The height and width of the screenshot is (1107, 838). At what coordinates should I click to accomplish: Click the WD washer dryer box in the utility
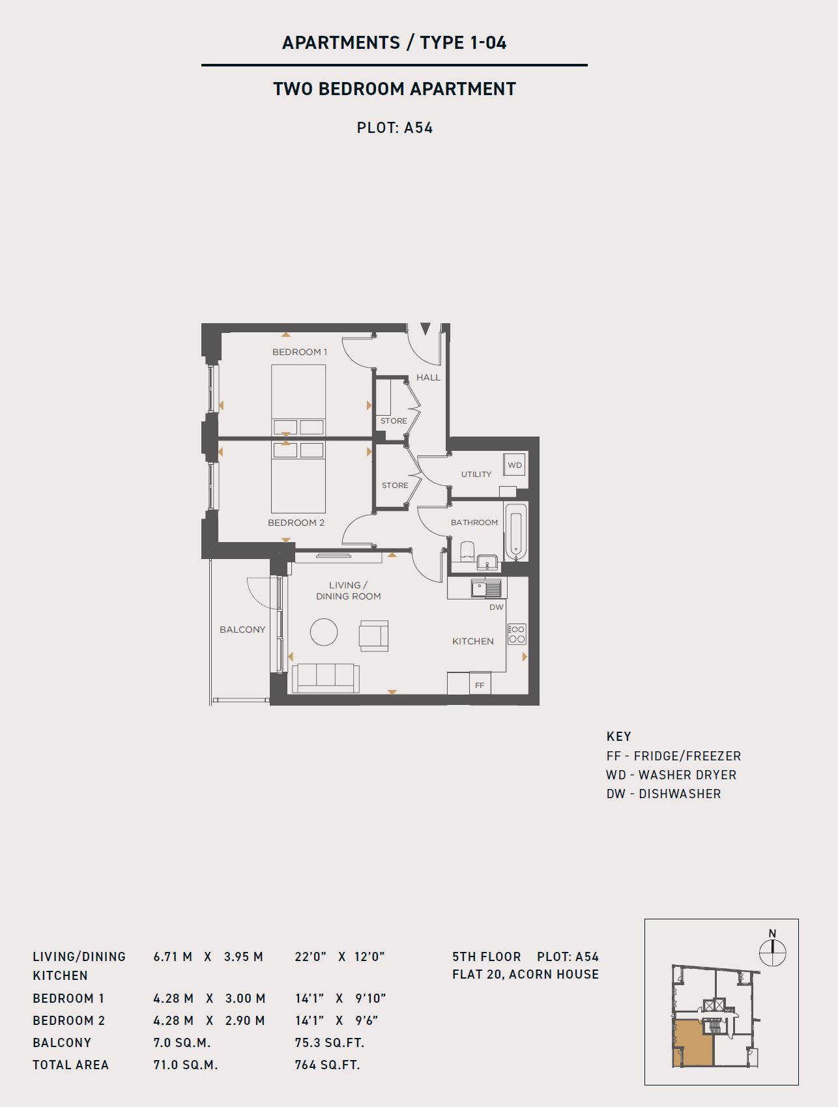[x=515, y=465]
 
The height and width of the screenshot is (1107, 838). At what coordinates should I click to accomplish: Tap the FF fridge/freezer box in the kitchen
[x=480, y=684]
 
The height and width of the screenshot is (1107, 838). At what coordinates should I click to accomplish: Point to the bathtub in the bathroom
[x=515, y=531]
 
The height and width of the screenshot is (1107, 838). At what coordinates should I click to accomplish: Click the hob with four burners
[x=517, y=634]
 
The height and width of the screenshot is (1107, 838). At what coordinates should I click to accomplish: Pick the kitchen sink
[x=487, y=588]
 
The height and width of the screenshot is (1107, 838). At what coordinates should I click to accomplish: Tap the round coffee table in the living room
[x=324, y=632]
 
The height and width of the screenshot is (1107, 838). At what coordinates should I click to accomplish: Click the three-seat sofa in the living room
[x=326, y=678]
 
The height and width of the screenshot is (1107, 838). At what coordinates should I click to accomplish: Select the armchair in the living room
[x=373, y=636]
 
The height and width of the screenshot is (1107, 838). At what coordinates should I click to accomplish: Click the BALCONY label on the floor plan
[x=242, y=629]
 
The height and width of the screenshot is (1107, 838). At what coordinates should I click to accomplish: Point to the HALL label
[x=428, y=377]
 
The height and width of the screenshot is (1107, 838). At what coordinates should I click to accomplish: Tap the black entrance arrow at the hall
[x=426, y=329]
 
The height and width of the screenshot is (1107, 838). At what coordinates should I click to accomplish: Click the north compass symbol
[x=773, y=951]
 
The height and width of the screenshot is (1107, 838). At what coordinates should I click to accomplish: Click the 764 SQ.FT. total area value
[x=327, y=1065]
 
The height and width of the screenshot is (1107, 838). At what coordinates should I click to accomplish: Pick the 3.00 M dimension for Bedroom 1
[x=245, y=998]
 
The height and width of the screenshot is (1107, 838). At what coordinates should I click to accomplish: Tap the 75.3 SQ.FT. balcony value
[x=329, y=1042]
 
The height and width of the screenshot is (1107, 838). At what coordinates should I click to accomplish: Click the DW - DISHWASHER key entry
[x=663, y=794]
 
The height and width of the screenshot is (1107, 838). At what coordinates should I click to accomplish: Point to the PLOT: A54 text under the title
[x=395, y=128]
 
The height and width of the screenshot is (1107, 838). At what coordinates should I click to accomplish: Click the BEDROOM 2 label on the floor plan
[x=296, y=523]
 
